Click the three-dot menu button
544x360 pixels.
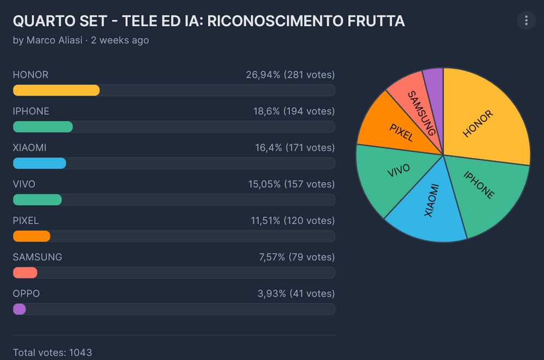[x=526, y=21]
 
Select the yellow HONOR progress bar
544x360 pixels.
[x=56, y=90]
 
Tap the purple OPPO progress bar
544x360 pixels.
[x=19, y=309]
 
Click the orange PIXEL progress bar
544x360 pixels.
[x=32, y=236]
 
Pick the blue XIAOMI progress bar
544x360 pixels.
[x=39, y=163]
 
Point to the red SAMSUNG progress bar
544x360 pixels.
[x=25, y=272]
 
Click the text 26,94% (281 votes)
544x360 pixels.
[x=290, y=75]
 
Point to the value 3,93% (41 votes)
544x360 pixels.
[x=296, y=294]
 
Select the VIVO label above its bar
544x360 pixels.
[x=24, y=184]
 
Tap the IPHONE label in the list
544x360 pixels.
[x=31, y=111]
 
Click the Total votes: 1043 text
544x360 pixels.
[x=48, y=353]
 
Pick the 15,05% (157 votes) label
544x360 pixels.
[x=291, y=184]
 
